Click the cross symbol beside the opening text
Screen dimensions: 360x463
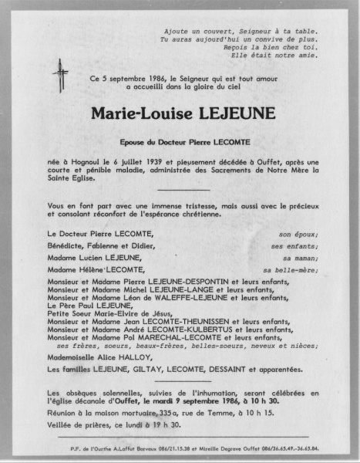point(59,75)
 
